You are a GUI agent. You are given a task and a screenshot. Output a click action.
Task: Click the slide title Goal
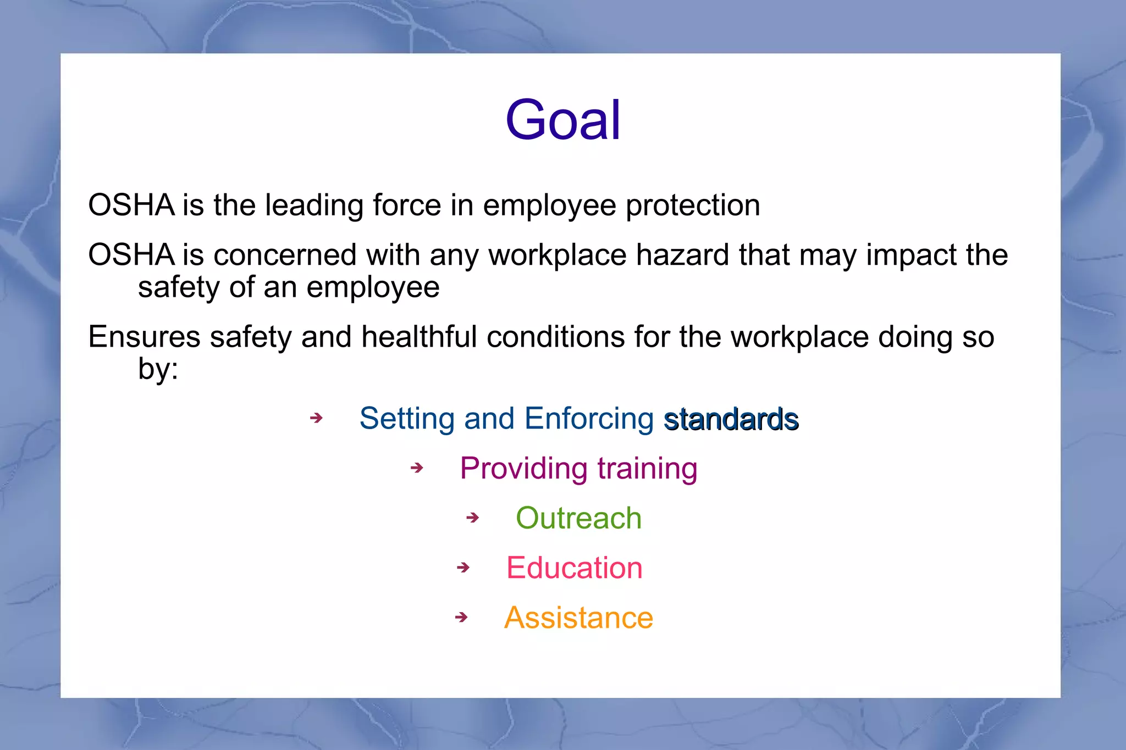(563, 120)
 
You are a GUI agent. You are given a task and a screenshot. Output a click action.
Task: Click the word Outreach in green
(578, 518)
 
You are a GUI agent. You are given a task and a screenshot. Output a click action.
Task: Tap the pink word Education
(574, 568)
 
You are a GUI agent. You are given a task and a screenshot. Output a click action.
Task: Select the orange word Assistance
(578, 618)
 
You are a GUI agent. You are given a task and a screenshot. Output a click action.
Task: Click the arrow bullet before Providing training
(417, 468)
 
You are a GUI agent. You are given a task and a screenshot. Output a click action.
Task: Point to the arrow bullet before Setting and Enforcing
(316, 418)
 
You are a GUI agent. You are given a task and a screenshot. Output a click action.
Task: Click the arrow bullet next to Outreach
(473, 518)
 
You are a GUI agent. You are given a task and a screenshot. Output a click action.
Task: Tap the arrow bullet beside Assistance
(462, 618)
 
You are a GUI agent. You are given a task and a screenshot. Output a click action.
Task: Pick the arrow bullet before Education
(463, 568)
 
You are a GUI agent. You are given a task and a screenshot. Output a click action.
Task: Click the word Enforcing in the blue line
(588, 419)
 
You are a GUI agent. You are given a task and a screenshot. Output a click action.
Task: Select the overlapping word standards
(731, 420)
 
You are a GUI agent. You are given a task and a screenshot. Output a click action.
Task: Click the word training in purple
(647, 469)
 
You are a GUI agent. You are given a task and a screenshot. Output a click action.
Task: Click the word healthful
(419, 337)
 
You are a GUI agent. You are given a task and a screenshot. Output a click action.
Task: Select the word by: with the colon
(158, 369)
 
